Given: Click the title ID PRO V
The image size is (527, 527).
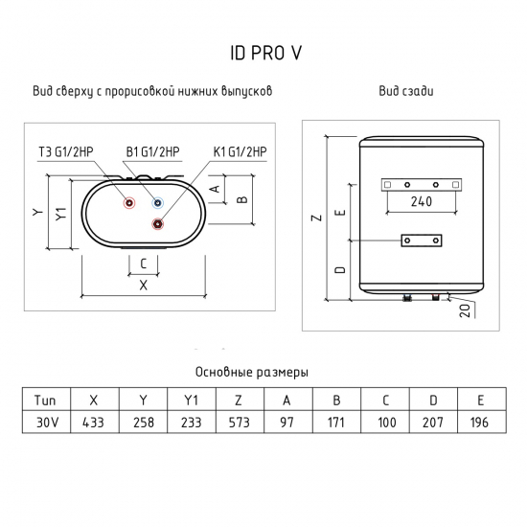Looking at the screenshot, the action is coord(265,53).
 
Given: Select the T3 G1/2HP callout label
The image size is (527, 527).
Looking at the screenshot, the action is coord(66,152).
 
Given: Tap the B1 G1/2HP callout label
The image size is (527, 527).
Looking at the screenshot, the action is coord(153,152).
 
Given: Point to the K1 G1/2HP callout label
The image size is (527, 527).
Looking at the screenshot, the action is coord(240,152).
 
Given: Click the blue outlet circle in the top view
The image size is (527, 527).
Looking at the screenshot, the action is coord(158,203).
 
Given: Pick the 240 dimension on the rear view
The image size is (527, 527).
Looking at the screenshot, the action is coord(422,201).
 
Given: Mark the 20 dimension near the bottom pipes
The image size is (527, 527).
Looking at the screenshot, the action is coord(465,310).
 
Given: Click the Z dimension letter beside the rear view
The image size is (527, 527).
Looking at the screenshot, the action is coord(317,218).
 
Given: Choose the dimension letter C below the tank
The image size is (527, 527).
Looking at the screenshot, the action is coord(144,263).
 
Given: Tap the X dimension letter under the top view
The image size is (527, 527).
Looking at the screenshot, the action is coord(144,286).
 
